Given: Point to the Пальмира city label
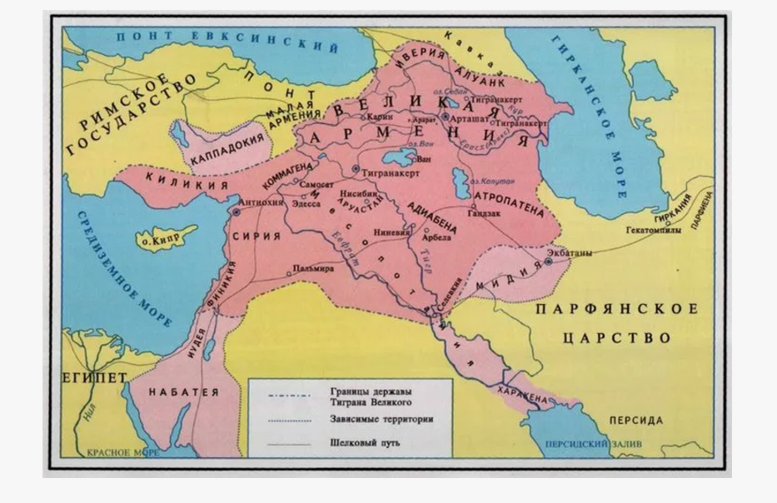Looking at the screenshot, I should [x=314, y=269].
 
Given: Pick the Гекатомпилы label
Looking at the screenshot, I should [x=654, y=230].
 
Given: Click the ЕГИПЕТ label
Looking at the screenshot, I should [x=93, y=377].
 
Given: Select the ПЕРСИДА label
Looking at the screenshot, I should [x=635, y=420].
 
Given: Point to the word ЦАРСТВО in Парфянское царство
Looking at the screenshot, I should [x=616, y=339].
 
